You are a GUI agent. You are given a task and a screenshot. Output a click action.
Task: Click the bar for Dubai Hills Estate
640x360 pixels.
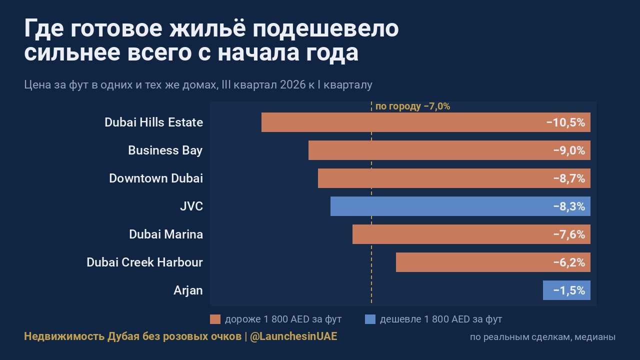tap(425, 122)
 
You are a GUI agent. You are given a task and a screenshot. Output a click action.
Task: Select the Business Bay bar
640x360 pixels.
tap(449, 150)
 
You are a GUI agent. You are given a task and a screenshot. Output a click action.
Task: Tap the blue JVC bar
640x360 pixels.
tap(460, 206)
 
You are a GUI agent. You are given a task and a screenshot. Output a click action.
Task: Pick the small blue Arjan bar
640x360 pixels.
tap(567, 290)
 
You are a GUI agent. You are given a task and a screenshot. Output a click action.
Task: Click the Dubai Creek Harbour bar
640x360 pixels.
tap(493, 262)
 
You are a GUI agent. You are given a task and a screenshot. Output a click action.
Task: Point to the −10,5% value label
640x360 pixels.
tap(565, 122)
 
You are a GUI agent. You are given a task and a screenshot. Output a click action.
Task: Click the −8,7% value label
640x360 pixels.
tap(569, 178)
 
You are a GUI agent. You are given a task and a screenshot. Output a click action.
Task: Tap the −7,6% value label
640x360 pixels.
tap(569, 234)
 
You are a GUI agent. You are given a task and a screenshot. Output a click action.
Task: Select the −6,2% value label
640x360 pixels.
tap(569, 262)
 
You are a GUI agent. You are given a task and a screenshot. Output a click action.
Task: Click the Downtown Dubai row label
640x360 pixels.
tap(156, 178)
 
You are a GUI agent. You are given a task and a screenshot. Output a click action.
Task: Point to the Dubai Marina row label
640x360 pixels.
tap(166, 234)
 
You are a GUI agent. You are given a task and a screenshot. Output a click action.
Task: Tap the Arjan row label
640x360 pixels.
tap(188, 291)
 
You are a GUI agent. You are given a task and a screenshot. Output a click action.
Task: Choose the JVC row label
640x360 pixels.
tap(191, 206)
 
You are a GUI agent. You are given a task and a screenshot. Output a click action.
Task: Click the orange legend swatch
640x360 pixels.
tap(215, 319)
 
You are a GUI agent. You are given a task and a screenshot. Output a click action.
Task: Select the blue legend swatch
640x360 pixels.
tap(370, 319)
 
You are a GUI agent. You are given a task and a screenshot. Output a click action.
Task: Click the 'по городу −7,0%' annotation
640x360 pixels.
tap(412, 106)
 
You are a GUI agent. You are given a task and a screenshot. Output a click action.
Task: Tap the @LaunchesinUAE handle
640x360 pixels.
tap(293, 336)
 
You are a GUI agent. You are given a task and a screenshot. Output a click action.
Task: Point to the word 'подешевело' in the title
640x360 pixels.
tap(325, 28)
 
